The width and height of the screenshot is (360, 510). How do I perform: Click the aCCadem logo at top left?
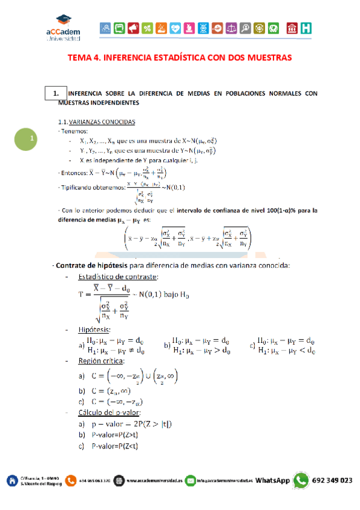click(x=63, y=29)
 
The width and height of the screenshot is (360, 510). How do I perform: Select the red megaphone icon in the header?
click(x=133, y=28)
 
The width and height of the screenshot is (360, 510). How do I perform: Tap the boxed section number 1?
click(x=55, y=93)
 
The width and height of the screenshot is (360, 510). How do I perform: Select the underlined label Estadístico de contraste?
click(x=118, y=277)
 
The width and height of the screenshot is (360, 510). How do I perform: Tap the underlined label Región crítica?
click(x=101, y=361)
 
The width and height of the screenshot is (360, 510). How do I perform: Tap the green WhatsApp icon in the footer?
click(x=301, y=481)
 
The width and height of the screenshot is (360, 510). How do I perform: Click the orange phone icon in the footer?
click(x=72, y=481)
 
